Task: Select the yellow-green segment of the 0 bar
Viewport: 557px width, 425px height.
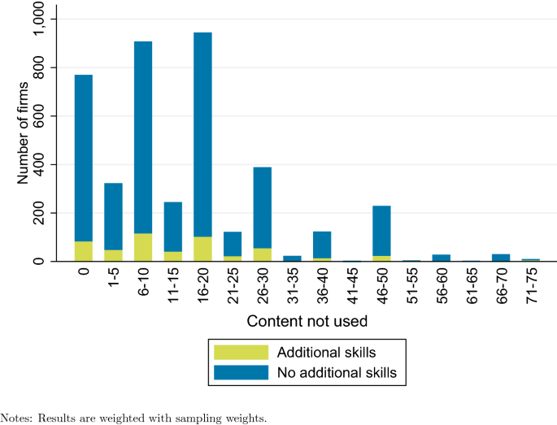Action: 84,251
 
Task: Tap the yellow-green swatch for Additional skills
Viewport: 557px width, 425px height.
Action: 241,352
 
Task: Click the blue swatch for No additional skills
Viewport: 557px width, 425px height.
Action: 241,372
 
